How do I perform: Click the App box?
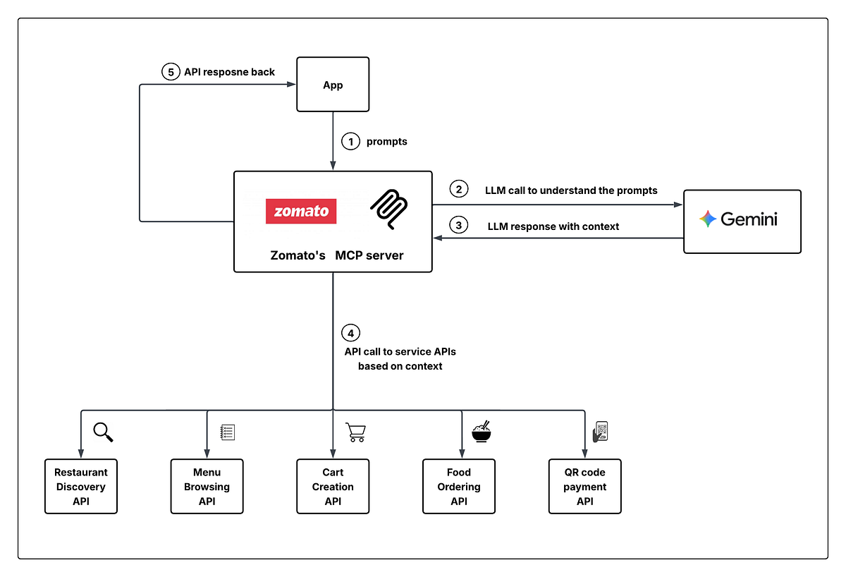(x=333, y=85)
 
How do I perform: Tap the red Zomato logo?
(x=301, y=211)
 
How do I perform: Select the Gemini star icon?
(x=707, y=219)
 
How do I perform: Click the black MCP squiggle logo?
(x=388, y=208)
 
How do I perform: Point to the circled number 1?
(x=350, y=142)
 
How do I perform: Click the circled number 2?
(x=459, y=189)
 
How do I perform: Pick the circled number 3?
(x=459, y=226)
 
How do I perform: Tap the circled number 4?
(x=350, y=333)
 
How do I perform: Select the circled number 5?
(x=170, y=72)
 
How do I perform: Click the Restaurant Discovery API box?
(x=81, y=487)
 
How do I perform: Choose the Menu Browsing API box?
(x=207, y=487)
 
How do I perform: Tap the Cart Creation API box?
(x=333, y=487)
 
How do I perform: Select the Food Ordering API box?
(x=459, y=487)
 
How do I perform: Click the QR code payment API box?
(x=584, y=487)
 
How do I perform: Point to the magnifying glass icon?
(x=103, y=432)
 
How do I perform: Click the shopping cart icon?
(x=355, y=432)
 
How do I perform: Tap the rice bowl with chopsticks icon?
(x=482, y=431)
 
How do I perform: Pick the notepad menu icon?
(x=227, y=432)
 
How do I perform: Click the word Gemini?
(x=749, y=219)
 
